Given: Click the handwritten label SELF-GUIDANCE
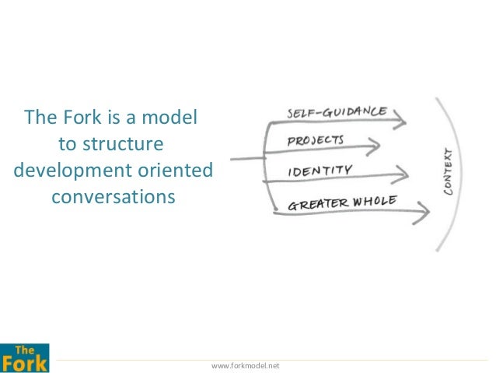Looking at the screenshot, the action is [337, 112].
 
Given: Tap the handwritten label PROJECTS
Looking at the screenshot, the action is [316, 141].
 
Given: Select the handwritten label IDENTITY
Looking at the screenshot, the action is [320, 171].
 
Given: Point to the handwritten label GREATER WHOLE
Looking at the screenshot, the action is [342, 203].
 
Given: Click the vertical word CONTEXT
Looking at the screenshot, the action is [449, 171].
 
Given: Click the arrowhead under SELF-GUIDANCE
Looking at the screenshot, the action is [400, 119].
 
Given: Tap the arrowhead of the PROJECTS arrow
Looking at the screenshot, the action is [374, 146].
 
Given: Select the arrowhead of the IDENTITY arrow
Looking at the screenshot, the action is [401, 174].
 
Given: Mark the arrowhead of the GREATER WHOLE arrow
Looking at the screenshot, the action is [421, 213].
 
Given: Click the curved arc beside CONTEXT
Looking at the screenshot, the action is [461, 174].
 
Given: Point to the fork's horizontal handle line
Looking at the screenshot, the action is [248, 158].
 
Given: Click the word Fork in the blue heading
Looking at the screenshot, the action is [82, 117].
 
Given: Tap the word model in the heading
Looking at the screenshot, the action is [169, 117].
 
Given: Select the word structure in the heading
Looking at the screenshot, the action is [123, 144].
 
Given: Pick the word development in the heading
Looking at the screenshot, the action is [73, 171].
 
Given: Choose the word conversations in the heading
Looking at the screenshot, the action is [114, 197].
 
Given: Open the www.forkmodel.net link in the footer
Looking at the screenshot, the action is [246, 366].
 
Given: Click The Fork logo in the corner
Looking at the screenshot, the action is [25, 358].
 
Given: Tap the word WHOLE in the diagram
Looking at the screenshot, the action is [375, 201].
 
